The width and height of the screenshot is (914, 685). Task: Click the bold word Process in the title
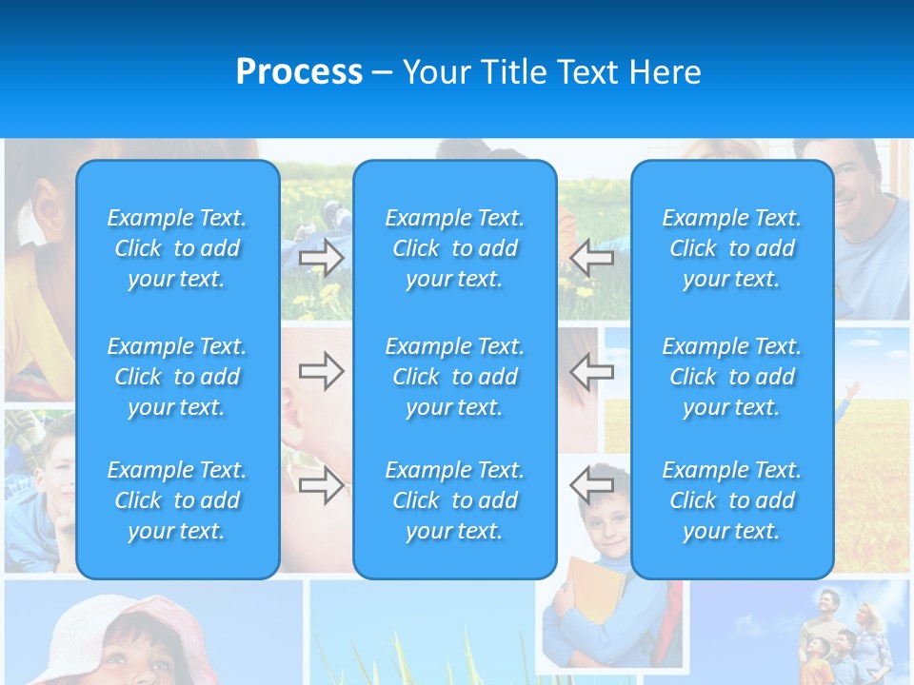[x=299, y=72]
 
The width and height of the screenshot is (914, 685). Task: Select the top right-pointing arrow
[x=321, y=258]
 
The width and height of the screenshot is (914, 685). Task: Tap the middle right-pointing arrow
[x=321, y=371]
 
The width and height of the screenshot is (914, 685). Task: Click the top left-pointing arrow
[x=592, y=258]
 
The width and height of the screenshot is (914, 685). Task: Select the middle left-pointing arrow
[x=592, y=371]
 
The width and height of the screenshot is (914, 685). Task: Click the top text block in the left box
[x=177, y=248]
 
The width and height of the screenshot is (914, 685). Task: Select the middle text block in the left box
[x=177, y=377]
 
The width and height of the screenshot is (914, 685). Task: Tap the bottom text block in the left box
[x=177, y=500]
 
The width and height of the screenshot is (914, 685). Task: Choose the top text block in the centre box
[x=454, y=248]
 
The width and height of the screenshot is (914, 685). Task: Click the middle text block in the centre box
[x=454, y=377]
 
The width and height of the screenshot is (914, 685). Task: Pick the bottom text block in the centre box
[x=454, y=500]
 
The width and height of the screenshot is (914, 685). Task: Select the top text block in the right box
[x=731, y=248]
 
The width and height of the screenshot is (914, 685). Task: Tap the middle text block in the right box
[x=731, y=377]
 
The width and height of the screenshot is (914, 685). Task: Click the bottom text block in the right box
[x=731, y=500]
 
